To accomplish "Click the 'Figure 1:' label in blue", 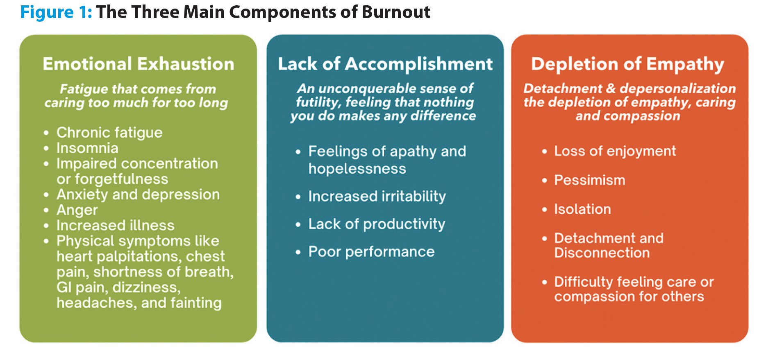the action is pyautogui.click(x=56, y=12).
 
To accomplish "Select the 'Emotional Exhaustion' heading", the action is pyautogui.click(x=139, y=64).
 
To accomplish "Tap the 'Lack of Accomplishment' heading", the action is pyautogui.click(x=385, y=64).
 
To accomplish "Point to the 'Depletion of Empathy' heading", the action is pyautogui.click(x=627, y=64).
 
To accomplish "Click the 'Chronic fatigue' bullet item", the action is pyautogui.click(x=109, y=133).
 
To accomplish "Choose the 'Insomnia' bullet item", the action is pyautogui.click(x=87, y=148).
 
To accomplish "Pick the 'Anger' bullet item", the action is pyautogui.click(x=77, y=210).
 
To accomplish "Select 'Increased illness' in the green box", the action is pyautogui.click(x=116, y=225).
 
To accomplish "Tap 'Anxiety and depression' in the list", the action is pyautogui.click(x=138, y=195).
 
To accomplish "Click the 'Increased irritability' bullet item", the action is pyautogui.click(x=377, y=196).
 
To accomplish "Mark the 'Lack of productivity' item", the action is pyautogui.click(x=377, y=224).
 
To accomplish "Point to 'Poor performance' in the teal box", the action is pyautogui.click(x=371, y=251).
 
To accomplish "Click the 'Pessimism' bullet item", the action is pyautogui.click(x=590, y=180).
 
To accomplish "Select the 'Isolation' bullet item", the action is pyautogui.click(x=582, y=209).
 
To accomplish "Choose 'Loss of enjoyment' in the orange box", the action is pyautogui.click(x=615, y=151).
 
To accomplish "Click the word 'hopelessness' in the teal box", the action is pyautogui.click(x=357, y=169).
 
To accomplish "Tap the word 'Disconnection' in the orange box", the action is pyautogui.click(x=602, y=253).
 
